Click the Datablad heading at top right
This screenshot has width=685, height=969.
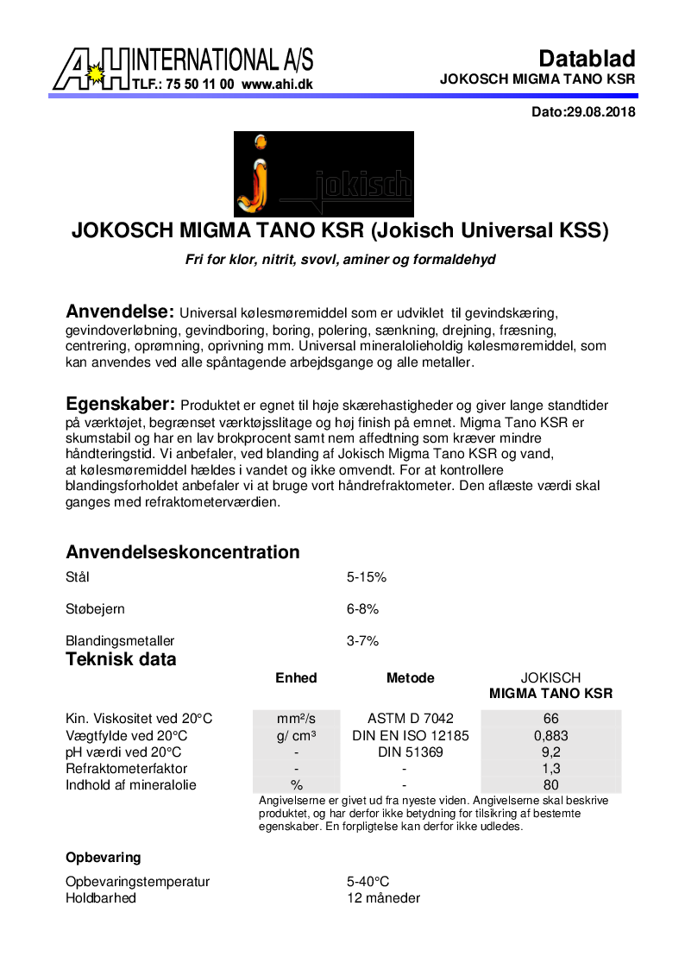click(587, 59)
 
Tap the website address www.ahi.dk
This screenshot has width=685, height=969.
click(277, 85)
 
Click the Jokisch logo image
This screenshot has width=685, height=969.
click(324, 173)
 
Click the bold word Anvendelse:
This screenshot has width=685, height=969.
click(121, 311)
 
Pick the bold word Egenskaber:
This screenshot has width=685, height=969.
click(121, 405)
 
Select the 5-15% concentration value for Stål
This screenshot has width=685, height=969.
click(366, 577)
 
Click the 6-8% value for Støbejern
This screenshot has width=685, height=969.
click(362, 609)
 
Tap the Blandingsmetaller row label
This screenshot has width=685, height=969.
click(120, 641)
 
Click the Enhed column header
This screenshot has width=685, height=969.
click(296, 678)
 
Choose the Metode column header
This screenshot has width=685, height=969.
click(410, 678)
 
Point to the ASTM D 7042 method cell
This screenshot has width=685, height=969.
click(410, 719)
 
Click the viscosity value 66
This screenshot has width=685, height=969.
click(551, 719)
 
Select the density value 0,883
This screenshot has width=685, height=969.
click(551, 736)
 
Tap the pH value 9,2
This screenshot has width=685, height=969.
click(551, 752)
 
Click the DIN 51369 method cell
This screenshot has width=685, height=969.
click(410, 752)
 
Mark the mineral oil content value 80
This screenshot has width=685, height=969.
click(551, 785)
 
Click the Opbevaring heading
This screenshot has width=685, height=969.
click(103, 858)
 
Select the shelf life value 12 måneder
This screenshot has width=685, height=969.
click(383, 898)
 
